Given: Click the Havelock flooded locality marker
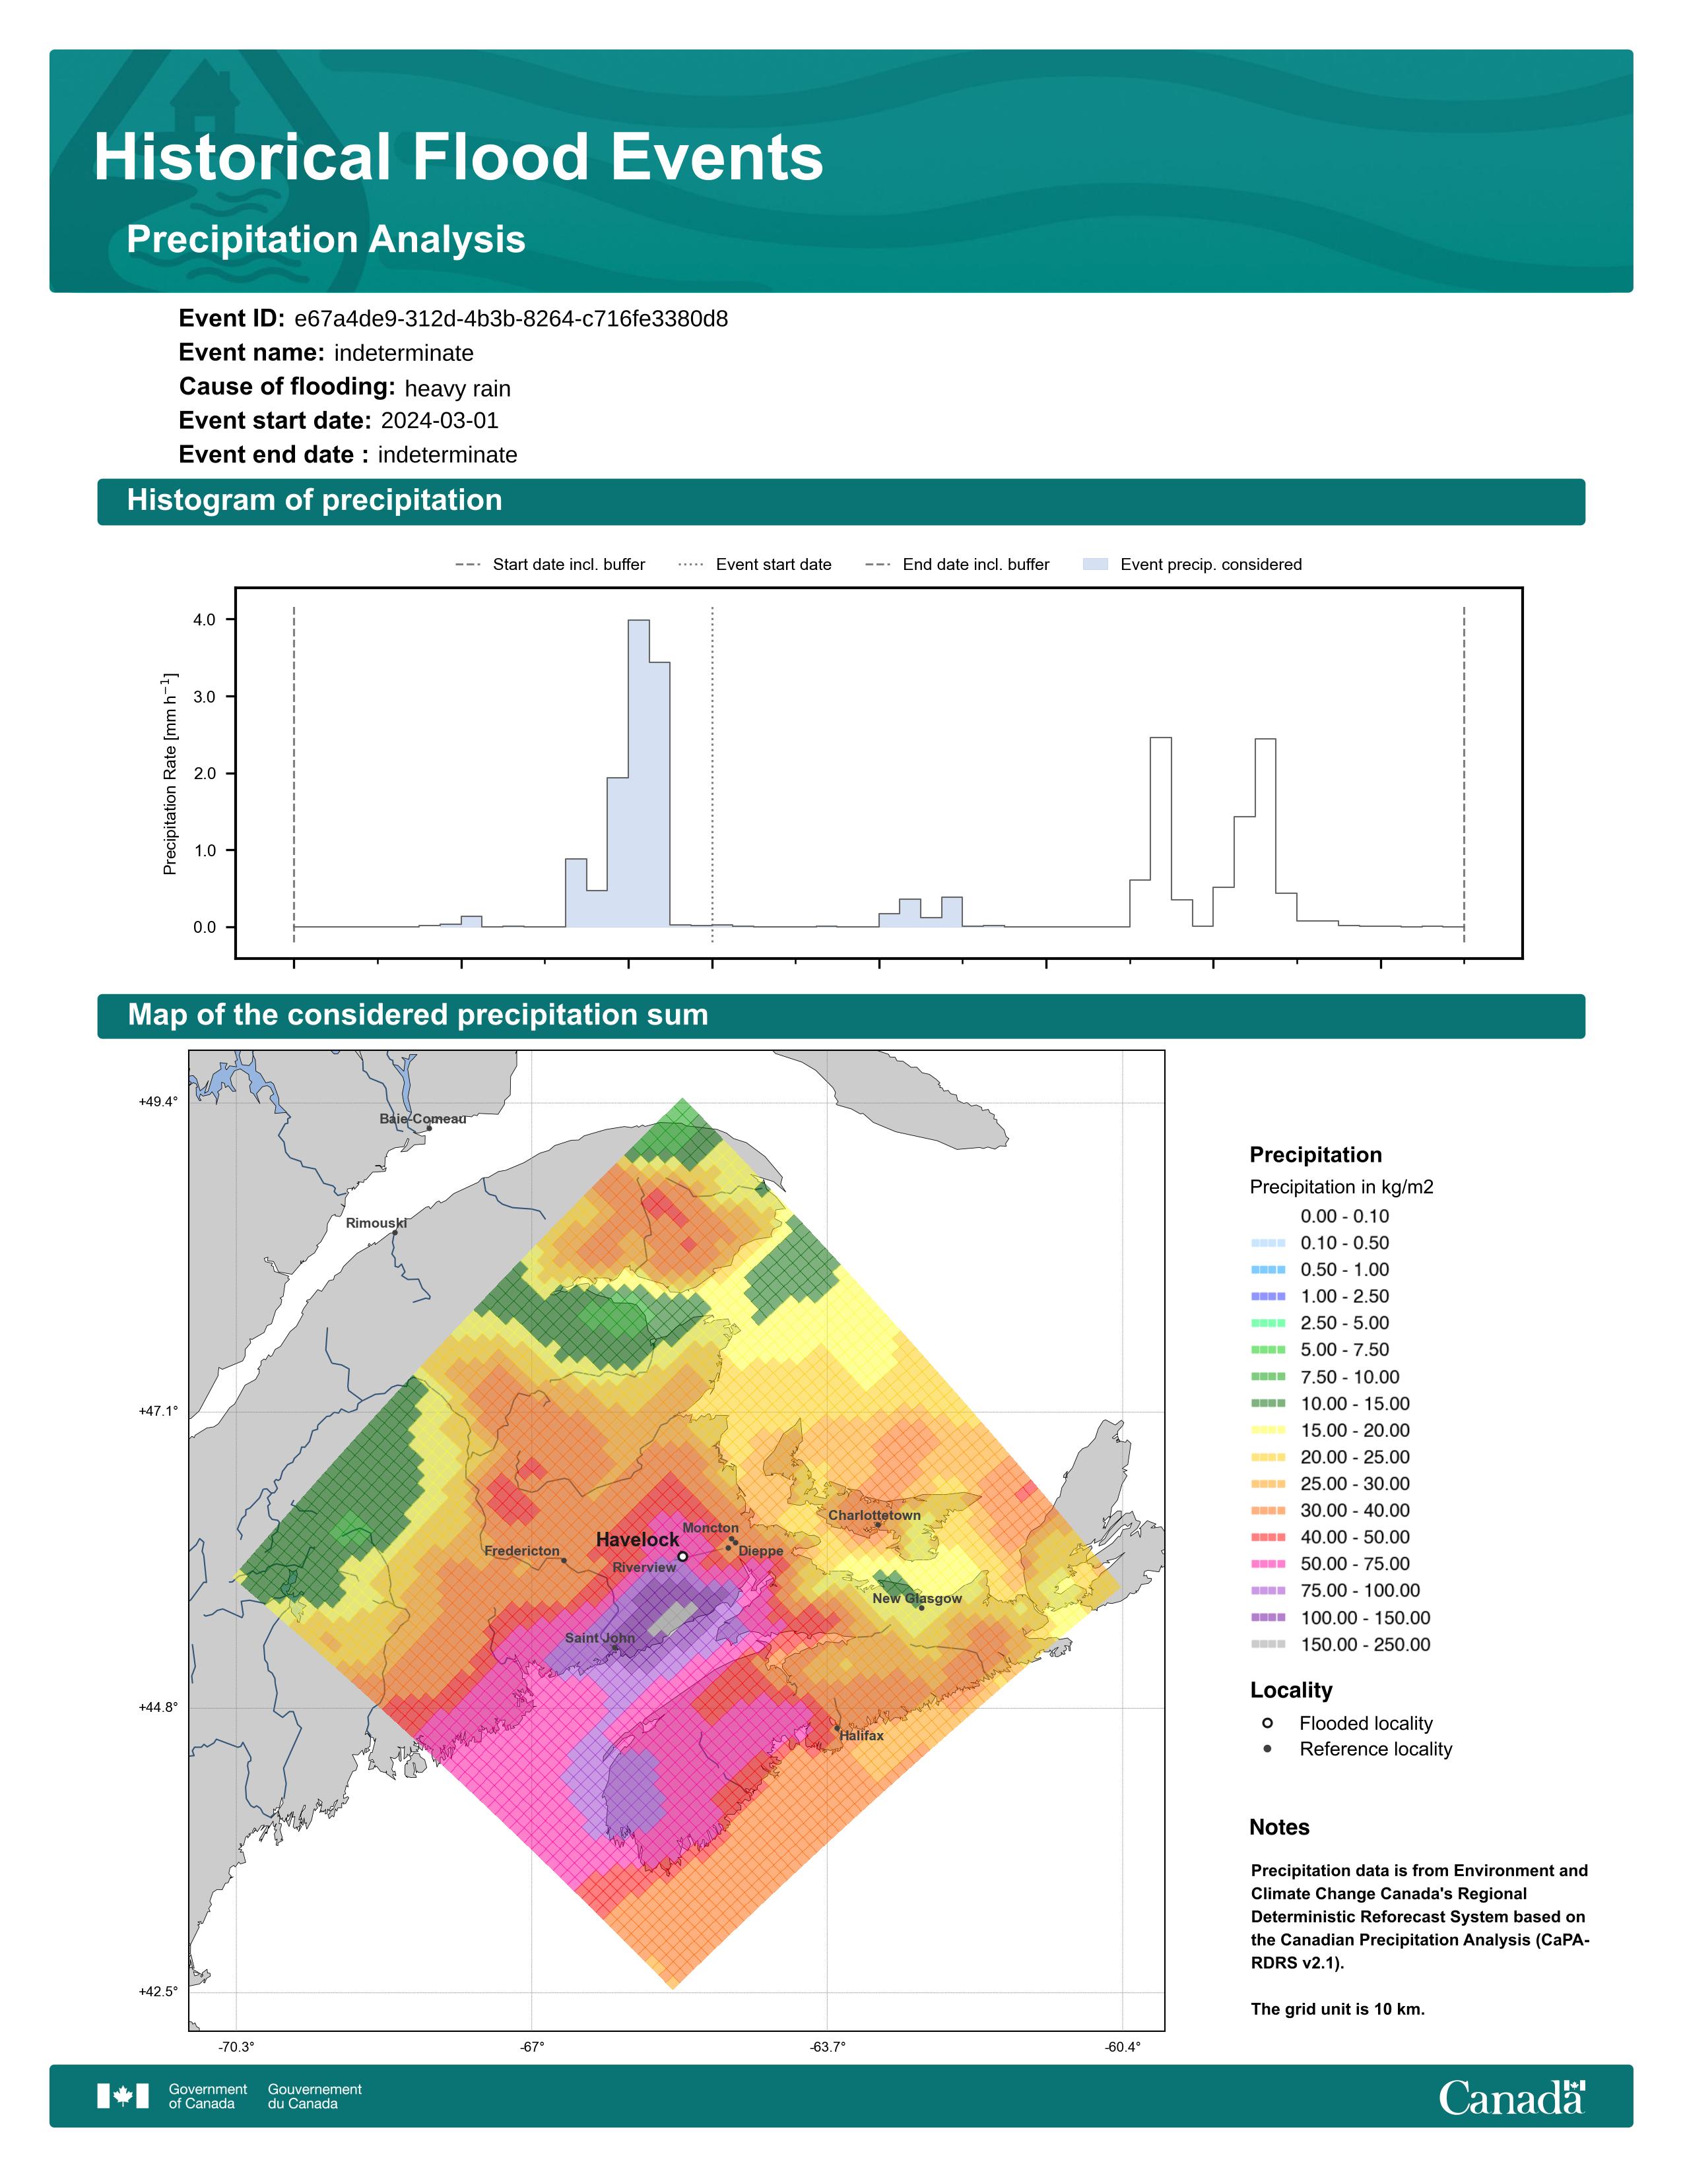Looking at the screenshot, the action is coord(682,1556).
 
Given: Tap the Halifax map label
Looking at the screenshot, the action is coord(861,1736).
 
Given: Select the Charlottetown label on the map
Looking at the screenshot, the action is coord(874,1515).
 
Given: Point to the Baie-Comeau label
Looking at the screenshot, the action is coord(423,1118).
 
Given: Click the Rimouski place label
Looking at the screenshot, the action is coord(376,1223).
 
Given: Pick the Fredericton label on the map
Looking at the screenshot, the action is coord(521,1551).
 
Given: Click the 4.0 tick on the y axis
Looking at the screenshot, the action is coord(205,620).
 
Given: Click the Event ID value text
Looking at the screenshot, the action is coord(510,319).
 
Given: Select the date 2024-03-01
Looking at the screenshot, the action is coord(440,421).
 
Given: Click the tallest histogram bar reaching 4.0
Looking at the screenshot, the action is coord(638,774).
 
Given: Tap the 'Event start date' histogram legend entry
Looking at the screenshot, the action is coord(755,564).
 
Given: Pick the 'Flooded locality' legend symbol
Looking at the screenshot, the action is coord(1267,1722).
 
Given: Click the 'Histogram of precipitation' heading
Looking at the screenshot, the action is coord(314,501).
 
